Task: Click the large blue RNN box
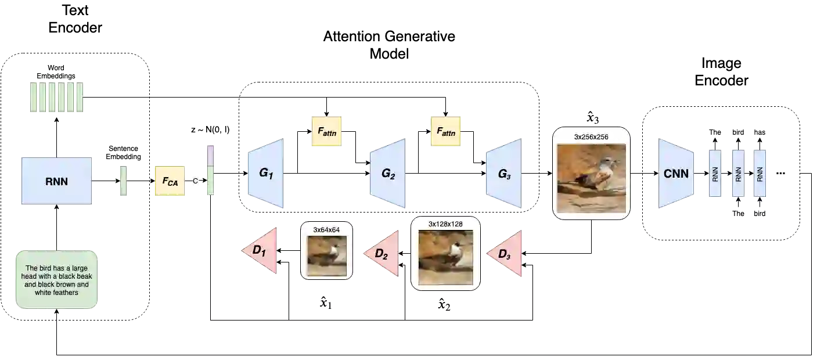[x=56, y=181]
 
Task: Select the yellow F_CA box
[x=170, y=181]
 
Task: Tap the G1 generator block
[x=265, y=173]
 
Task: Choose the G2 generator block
[x=387, y=173]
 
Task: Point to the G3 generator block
[x=504, y=173]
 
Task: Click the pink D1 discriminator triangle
[x=261, y=251]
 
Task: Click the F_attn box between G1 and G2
[x=327, y=132]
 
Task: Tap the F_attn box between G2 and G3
[x=445, y=132]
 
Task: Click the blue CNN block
[x=676, y=173]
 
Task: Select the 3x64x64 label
[x=326, y=230]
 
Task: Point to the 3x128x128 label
[x=445, y=224]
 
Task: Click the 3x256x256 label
[x=591, y=136]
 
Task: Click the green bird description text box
[x=56, y=280]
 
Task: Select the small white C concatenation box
[x=195, y=181]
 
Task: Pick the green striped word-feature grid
[x=56, y=98]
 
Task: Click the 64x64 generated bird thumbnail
[x=326, y=255]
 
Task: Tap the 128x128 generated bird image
[x=445, y=257]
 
